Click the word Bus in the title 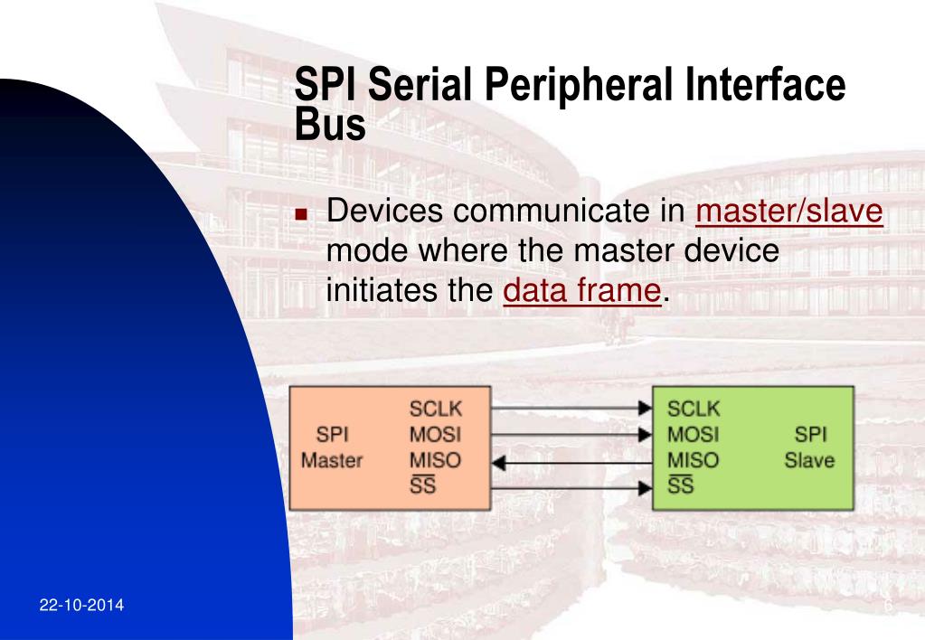coord(330,124)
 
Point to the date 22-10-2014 coord(82,605)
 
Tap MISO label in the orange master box coord(434,460)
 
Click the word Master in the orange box coord(332,460)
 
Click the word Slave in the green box coord(809,460)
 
